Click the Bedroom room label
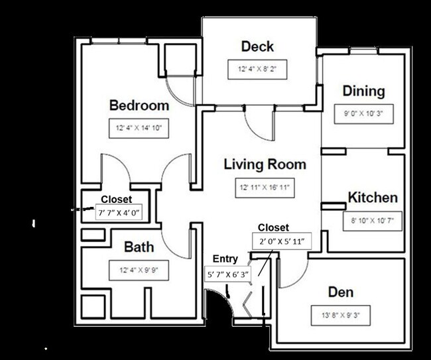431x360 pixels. tap(139, 105)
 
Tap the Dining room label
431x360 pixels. tap(363, 91)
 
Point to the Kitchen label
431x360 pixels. tap(373, 198)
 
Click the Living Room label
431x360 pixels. tap(265, 164)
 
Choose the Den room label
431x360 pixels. tap(341, 292)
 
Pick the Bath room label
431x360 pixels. tap(139, 247)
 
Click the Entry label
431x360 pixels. tap(225, 259)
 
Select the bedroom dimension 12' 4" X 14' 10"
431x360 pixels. tap(139, 129)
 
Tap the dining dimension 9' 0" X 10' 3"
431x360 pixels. tap(363, 113)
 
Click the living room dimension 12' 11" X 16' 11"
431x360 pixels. tap(265, 188)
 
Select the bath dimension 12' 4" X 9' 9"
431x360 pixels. tap(139, 270)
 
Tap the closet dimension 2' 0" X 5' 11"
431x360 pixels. tap(278, 241)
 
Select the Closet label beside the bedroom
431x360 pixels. tap(116, 199)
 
